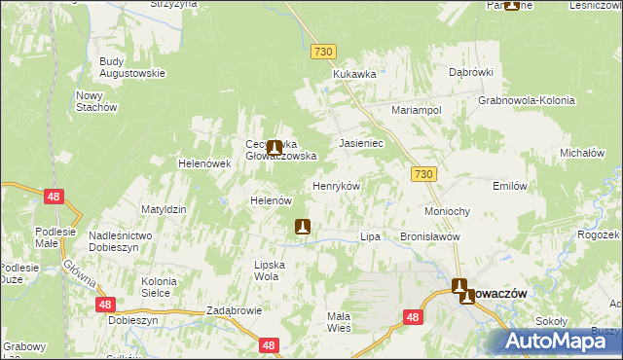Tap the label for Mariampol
click(417, 111)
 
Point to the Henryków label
click(336, 186)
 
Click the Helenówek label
click(203, 163)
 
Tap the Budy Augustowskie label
click(131, 67)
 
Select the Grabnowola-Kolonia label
click(527, 100)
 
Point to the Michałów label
click(583, 153)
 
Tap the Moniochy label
click(448, 211)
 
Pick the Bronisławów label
click(429, 236)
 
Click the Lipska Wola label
click(267, 270)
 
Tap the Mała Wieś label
click(339, 321)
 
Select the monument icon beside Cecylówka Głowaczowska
click(275, 148)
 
